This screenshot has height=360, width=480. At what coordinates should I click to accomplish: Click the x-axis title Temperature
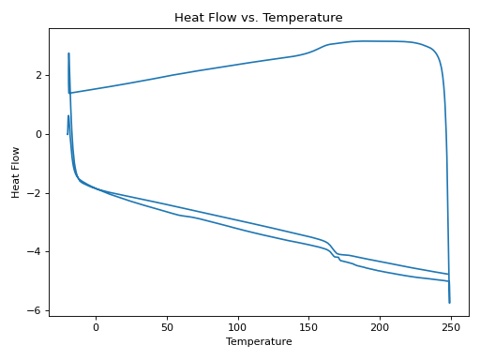coord(259,341)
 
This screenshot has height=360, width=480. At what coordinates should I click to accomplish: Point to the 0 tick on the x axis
coord(96,327)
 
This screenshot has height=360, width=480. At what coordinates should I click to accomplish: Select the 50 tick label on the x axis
coord(167,327)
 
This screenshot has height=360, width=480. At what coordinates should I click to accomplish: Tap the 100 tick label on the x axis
coord(238,327)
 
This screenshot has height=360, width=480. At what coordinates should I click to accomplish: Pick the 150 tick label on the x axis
coord(308,327)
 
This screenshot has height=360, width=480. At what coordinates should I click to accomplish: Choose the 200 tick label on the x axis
coord(380,327)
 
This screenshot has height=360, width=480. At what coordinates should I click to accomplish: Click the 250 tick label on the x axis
coord(451,327)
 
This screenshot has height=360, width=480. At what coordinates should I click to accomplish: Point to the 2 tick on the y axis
coord(38,75)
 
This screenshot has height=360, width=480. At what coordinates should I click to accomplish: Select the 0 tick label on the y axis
coord(38,134)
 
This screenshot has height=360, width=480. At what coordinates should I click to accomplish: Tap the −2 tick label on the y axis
coord(36,193)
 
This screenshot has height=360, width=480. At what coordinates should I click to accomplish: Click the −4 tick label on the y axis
coord(36,252)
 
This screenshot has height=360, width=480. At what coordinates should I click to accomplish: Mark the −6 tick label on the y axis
coord(36,310)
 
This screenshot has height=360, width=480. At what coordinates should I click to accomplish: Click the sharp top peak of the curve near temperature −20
coord(68,53)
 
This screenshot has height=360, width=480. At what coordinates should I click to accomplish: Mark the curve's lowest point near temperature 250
coord(449,302)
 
